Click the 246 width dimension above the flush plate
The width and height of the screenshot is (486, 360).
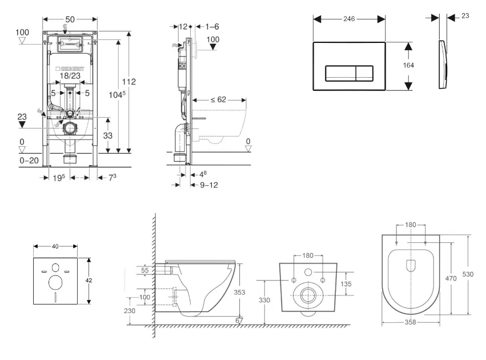(x=350, y=19)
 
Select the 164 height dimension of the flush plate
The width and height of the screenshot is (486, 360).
(x=408, y=65)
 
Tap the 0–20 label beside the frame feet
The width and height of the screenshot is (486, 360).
(x=29, y=161)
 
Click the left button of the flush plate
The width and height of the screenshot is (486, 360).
(x=341, y=74)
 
